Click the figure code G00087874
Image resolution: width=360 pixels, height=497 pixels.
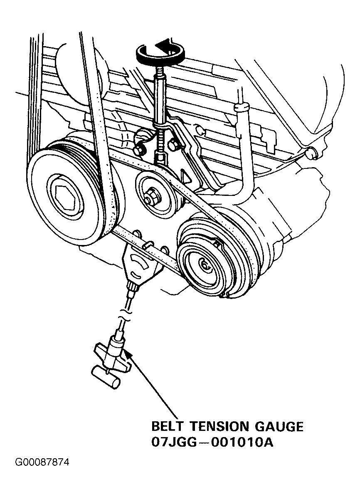pyautogui.click(x=42, y=462)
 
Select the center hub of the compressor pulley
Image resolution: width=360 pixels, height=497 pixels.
pyautogui.click(x=205, y=263)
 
